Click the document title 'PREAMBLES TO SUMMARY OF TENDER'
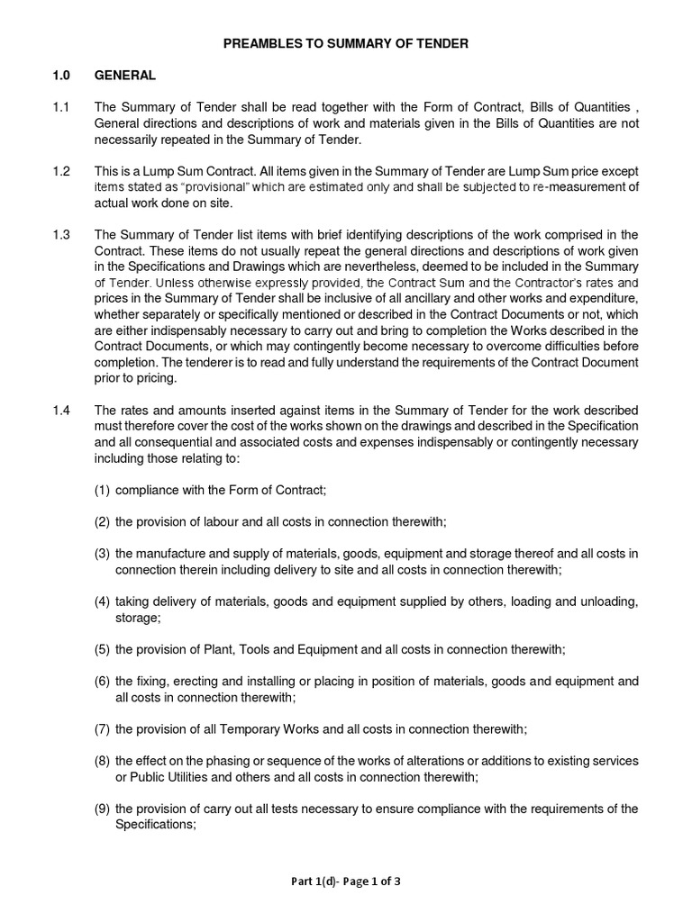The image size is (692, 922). point(346,43)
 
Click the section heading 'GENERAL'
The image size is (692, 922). point(125,76)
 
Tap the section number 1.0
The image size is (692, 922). point(60,76)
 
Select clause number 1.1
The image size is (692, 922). point(60,108)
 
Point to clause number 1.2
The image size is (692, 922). point(60,171)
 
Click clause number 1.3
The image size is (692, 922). point(60,235)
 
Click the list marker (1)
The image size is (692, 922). point(103,489)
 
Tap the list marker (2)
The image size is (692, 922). point(103,521)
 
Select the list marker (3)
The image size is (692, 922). point(103,554)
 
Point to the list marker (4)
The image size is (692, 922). point(103,601)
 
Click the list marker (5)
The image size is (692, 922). point(103,648)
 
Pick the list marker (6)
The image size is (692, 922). point(103,681)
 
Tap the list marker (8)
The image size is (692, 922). point(103,761)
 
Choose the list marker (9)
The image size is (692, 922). point(103,808)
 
